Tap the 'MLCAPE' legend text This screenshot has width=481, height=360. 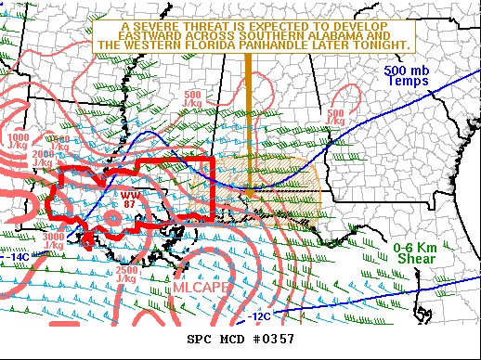pos(200,289)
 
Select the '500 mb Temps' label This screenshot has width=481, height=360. pos(408,76)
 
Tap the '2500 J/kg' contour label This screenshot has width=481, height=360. pos(128,274)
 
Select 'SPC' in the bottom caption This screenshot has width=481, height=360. pos(200,339)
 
